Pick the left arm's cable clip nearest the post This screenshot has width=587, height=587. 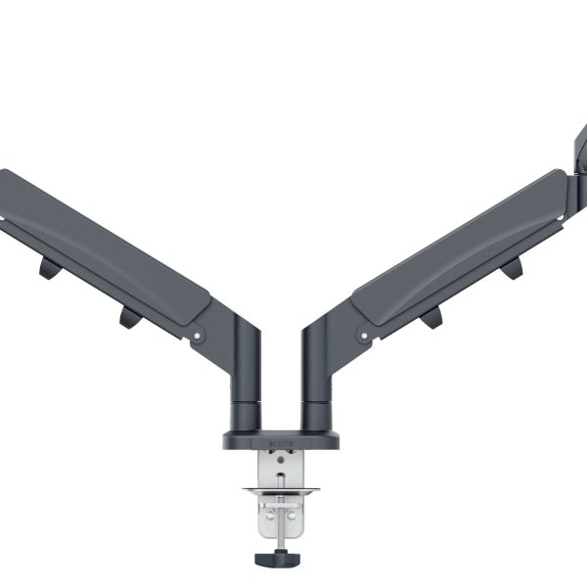128,316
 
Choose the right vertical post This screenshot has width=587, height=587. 318,372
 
